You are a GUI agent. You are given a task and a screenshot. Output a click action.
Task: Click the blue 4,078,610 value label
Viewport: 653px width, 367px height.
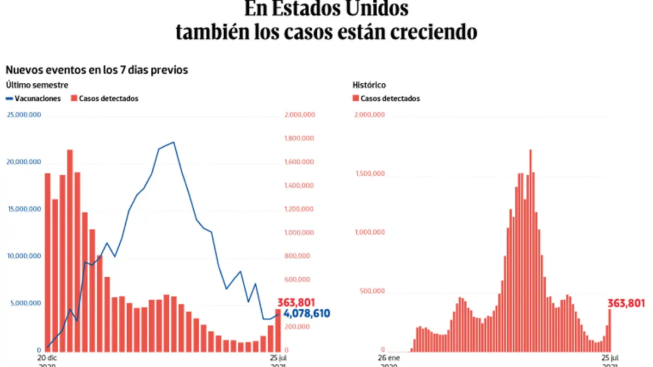coord(306,314)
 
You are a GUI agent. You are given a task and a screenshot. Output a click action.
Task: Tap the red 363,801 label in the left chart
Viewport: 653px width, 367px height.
coord(297,302)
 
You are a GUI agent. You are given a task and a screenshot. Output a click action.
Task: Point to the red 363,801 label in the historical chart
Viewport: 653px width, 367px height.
coord(626,303)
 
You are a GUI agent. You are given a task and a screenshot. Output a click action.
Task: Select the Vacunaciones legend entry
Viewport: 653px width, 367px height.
coord(33,98)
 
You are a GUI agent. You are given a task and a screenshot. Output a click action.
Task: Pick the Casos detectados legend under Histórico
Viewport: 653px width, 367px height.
coord(386,98)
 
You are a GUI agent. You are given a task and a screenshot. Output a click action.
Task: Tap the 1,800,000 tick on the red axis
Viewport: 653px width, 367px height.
coord(298,139)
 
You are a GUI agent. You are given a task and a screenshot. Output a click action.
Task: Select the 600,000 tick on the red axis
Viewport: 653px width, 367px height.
coord(297,279)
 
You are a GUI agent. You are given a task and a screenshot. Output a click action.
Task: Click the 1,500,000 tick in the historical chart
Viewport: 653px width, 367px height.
coord(372,174)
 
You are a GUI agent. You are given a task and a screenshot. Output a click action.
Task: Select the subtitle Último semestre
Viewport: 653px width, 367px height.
coord(36,85)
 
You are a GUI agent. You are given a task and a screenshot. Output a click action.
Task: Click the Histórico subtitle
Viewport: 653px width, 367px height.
coord(369,85)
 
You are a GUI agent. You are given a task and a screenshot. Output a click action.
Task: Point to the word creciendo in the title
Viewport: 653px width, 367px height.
coord(433,32)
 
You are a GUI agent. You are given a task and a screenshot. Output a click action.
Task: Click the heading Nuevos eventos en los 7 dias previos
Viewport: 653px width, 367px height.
coord(97,70)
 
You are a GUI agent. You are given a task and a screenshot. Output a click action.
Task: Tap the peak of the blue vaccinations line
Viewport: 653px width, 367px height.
coord(174,142)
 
